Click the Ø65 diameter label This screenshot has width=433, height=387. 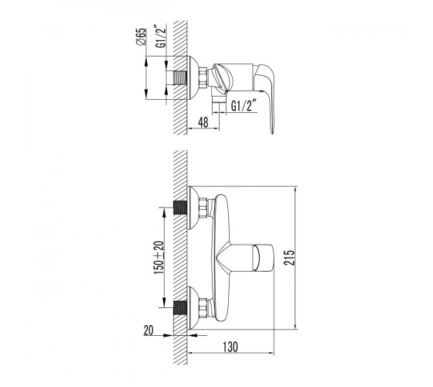141,36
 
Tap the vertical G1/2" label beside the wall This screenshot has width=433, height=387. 161,36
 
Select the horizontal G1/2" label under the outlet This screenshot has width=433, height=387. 242,105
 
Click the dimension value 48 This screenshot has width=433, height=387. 203,122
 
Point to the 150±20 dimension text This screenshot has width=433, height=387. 159,258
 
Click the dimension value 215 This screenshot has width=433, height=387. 289,258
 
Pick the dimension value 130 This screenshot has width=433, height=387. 230,347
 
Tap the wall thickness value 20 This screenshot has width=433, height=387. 148,330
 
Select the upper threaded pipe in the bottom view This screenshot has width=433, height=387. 181,207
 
